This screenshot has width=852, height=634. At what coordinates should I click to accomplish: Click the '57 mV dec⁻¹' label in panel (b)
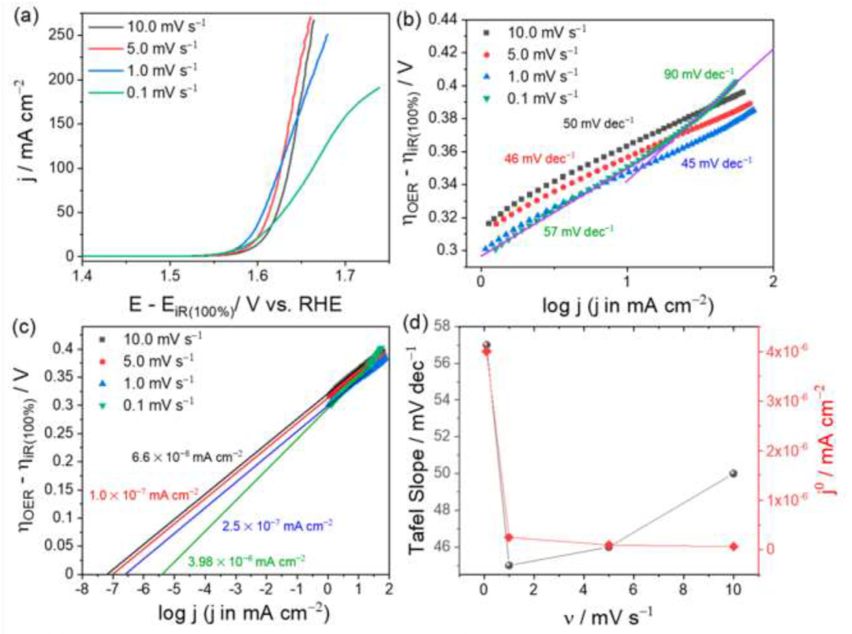(577, 231)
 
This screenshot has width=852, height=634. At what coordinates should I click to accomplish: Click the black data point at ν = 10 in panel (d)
(734, 473)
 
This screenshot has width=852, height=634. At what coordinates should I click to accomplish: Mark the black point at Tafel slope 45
(509, 565)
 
